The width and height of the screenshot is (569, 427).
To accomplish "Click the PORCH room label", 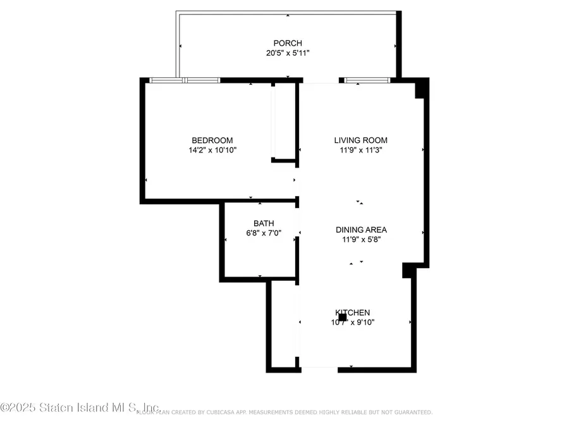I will coord(288,44).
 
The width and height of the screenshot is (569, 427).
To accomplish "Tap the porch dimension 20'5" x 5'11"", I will coord(288,53).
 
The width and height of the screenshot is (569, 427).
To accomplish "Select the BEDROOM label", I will coord(212,140).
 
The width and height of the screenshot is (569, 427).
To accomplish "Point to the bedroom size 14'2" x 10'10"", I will coord(212,150).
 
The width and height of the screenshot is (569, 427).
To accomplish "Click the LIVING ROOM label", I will coord(360,140).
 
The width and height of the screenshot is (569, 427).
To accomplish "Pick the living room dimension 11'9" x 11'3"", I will coord(360,150).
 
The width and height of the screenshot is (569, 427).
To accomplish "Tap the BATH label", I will coord(264,223).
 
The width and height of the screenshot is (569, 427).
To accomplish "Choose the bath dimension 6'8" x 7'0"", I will coord(264,233).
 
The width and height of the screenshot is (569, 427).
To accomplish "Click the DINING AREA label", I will coord(361,230).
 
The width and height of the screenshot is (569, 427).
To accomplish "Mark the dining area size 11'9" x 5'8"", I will coord(361,239).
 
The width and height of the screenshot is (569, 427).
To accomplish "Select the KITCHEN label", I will coord(353,313).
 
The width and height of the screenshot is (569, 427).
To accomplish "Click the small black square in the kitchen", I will coord(342,317).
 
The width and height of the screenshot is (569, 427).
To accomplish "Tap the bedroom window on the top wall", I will coord(185,80).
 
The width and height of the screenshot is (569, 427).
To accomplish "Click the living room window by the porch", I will coord(367,80).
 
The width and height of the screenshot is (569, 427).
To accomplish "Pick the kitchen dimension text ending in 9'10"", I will coord(358,322).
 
